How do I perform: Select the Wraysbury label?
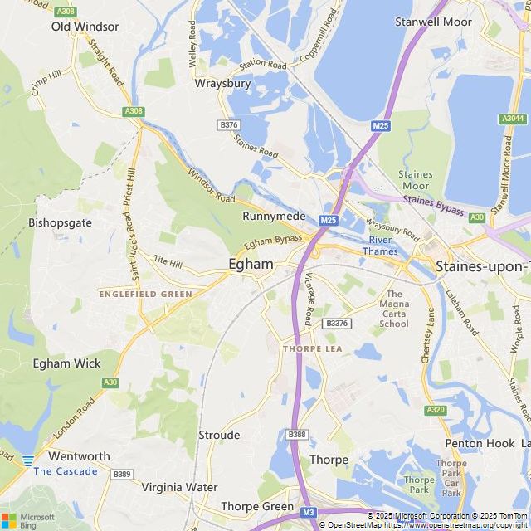click(217, 83)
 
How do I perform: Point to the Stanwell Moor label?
click(433, 22)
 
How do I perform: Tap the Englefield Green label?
click(145, 294)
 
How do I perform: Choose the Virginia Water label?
click(179, 487)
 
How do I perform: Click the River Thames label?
click(381, 246)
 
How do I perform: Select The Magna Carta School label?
click(393, 309)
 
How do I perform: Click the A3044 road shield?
click(513, 119)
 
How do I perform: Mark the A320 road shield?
click(436, 410)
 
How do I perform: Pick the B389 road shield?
click(123, 474)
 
